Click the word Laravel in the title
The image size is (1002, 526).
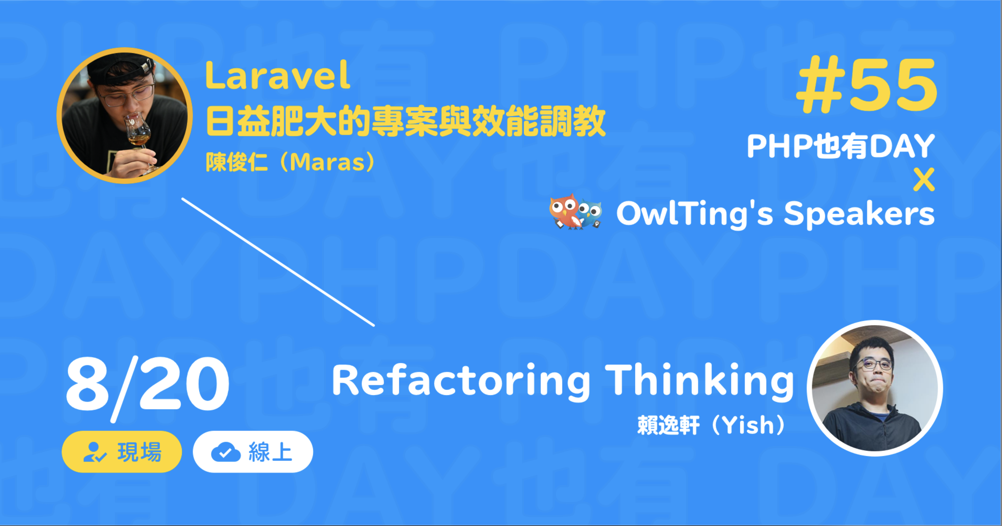(x=278, y=75)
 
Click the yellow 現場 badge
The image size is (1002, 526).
(x=122, y=452)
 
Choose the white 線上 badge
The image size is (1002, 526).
(x=253, y=452)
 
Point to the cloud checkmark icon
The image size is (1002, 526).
(x=226, y=452)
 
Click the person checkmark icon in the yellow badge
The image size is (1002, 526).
(x=94, y=452)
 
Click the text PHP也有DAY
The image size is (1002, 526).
(x=840, y=146)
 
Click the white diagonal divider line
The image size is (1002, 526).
(x=278, y=262)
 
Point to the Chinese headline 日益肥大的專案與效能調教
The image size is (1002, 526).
(x=406, y=121)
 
